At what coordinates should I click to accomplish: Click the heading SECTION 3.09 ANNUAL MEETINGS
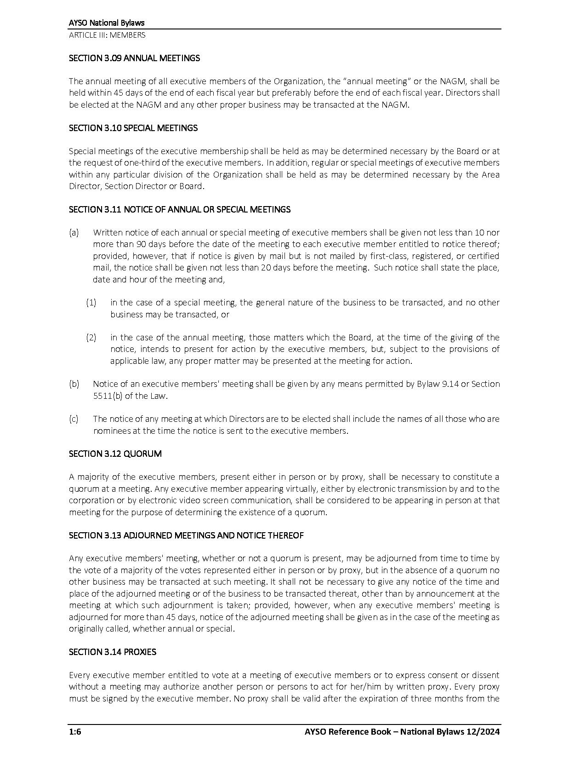coord(134,58)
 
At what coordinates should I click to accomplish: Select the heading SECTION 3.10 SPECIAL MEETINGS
coord(133,128)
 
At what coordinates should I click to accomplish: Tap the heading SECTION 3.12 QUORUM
coord(115,454)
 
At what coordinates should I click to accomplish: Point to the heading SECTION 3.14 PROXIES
coord(112,652)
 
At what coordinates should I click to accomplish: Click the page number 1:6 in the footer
coord(75,732)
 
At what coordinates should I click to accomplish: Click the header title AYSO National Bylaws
coord(107,23)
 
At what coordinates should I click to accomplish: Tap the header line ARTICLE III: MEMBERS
coord(107,35)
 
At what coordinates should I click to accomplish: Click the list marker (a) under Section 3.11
coord(74,233)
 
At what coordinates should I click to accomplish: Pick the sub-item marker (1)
coord(91,303)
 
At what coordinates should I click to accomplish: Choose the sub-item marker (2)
coord(91,338)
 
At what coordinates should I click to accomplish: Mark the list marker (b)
coord(74,384)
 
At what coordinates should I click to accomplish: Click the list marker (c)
coord(74,419)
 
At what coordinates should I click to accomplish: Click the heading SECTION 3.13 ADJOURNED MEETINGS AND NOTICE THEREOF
coord(186,535)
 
